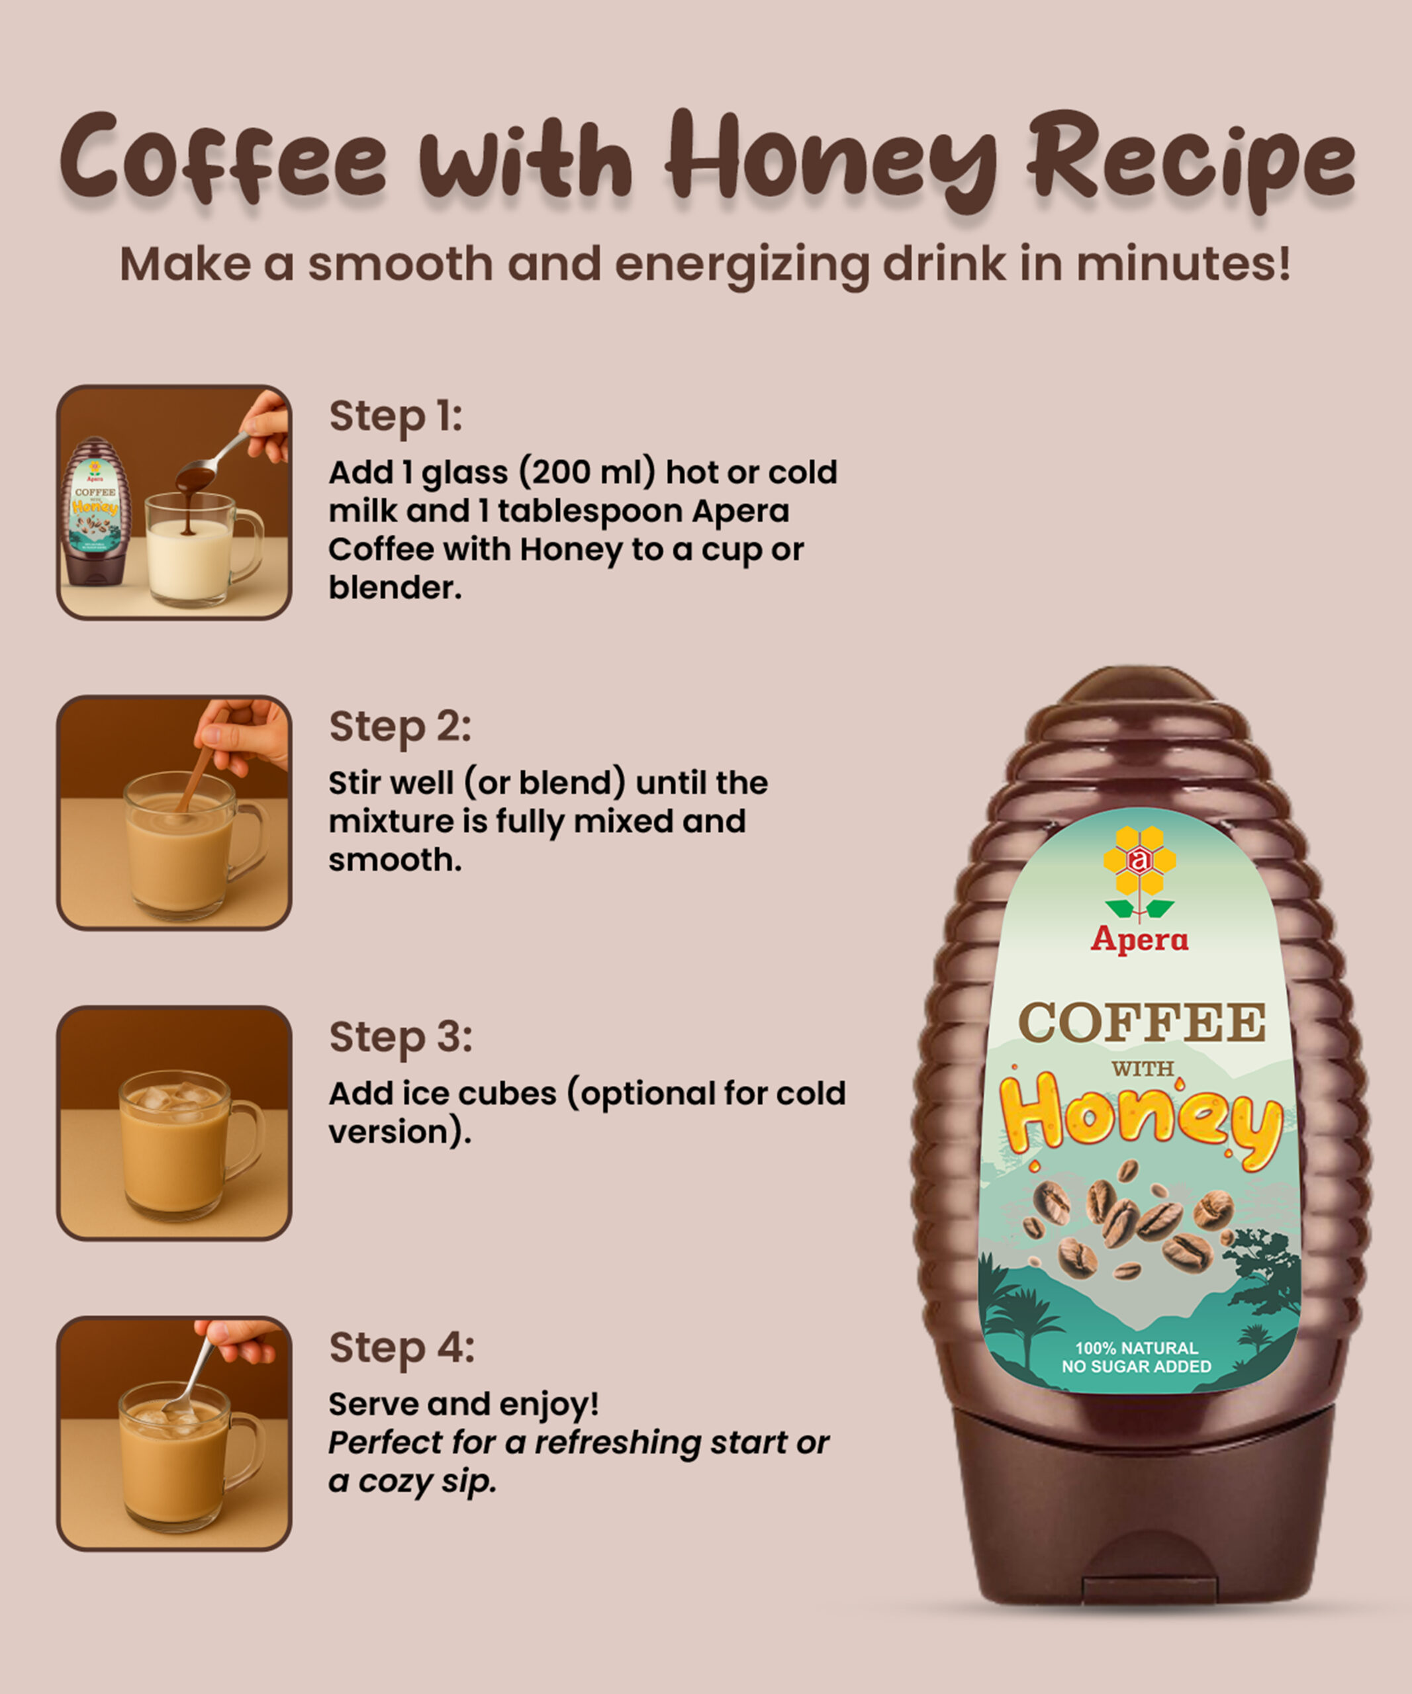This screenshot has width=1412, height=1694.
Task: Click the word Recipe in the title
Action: (1191, 161)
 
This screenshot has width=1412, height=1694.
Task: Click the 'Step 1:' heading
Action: (395, 417)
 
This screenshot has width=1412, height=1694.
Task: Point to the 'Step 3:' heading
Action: (400, 1038)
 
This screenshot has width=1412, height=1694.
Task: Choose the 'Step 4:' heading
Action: (402, 1348)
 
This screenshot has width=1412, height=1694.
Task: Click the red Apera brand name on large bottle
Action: (1139, 940)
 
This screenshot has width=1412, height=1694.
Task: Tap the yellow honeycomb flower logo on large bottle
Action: (1139, 873)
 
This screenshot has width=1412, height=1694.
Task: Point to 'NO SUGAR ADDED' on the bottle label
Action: (1136, 1366)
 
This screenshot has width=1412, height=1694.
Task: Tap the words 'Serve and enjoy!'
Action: (463, 1404)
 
